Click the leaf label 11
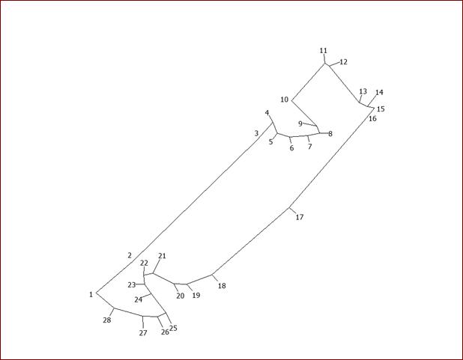tap(324, 51)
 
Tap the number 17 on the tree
tap(300, 218)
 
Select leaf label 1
tap(91, 294)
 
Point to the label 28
tap(107, 320)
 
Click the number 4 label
tap(267, 113)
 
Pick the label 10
tap(285, 100)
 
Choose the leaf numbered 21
tap(162, 256)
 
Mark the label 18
tap(222, 286)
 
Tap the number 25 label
tap(174, 328)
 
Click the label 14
tap(380, 93)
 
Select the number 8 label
tap(330, 134)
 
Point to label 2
tap(130, 255)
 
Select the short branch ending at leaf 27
tap(143, 322)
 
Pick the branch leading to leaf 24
tap(148, 296)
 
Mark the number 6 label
tap(292, 148)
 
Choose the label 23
tap(132, 285)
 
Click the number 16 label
tap(373, 119)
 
